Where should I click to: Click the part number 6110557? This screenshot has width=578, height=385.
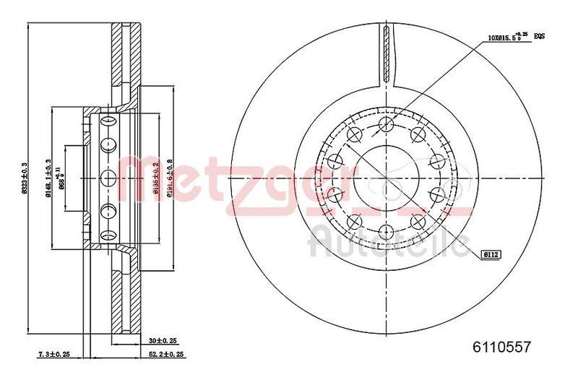(x=501, y=347)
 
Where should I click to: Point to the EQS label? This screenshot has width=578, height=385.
(x=539, y=35)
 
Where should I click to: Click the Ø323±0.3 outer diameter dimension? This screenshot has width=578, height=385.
(x=24, y=178)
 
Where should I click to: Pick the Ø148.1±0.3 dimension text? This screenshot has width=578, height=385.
(x=48, y=178)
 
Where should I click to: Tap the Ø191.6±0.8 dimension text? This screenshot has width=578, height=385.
(x=169, y=178)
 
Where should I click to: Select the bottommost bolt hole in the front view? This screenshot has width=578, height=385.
(x=386, y=230)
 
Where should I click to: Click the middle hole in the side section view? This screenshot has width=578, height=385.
(x=108, y=178)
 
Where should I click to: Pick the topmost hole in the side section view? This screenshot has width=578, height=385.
(x=108, y=120)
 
